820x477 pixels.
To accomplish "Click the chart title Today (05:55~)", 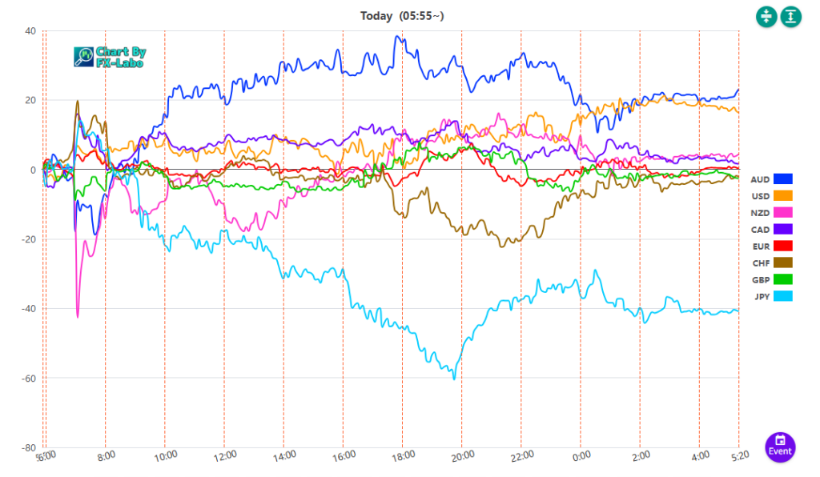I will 398,16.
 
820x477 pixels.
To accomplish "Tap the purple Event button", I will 780,447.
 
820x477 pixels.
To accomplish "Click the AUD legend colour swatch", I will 782,178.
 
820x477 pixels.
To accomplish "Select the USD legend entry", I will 771,195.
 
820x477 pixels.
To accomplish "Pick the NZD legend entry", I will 771,212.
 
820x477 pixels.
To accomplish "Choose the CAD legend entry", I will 771,229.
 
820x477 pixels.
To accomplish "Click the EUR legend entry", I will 771,246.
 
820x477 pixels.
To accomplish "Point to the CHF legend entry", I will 771,263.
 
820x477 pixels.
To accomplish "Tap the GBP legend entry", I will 771,279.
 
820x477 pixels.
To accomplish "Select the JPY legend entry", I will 771,296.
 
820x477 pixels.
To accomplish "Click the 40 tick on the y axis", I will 30,31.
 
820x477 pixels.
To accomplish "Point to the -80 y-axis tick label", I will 27,447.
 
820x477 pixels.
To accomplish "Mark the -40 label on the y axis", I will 27,309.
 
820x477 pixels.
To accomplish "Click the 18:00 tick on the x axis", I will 403,455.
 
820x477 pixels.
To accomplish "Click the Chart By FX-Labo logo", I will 110,56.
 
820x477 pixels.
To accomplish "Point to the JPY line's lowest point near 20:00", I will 455,379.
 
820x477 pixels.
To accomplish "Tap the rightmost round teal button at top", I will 790,16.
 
